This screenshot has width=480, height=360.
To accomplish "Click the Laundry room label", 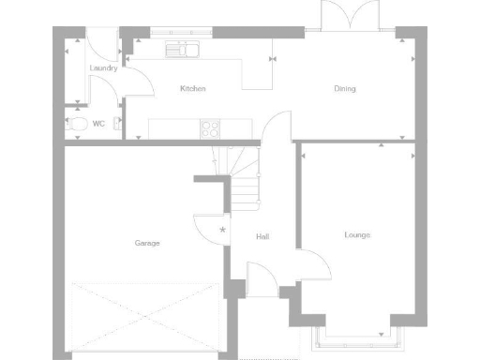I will coord(103,68).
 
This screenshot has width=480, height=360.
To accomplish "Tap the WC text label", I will coord(97,124).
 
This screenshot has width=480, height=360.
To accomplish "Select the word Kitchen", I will coord(193,89).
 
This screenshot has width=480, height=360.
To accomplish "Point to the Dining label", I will coord(344,89).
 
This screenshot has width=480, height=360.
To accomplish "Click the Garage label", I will coord(146,243).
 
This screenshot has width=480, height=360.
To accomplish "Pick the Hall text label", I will coord(262,236).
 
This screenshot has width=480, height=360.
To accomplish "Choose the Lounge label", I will coord(356,234).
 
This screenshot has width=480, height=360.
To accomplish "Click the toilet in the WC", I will coord(77,123).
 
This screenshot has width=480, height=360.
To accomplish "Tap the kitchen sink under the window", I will coord(182,48).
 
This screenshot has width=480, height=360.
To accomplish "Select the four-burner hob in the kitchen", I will coord(211,127).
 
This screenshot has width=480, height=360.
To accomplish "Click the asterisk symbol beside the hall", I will coord(222,230).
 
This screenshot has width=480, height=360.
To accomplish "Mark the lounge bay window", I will coord(356,337).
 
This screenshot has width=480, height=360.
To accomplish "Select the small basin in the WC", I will coord(117,123).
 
